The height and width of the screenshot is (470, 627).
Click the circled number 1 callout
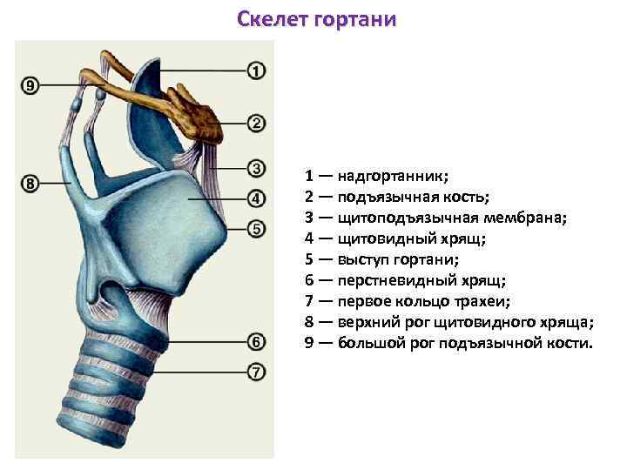pyautogui.click(x=256, y=70)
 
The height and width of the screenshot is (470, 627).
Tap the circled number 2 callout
pyautogui.click(x=256, y=123)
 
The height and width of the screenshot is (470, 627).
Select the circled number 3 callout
pyautogui.click(x=256, y=167)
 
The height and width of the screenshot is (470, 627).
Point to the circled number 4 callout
pyautogui.click(x=256, y=198)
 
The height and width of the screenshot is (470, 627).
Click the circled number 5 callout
pyautogui.click(x=256, y=229)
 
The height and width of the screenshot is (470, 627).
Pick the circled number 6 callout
pyautogui.click(x=256, y=341)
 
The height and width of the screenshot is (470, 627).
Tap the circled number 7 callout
pyautogui.click(x=256, y=373)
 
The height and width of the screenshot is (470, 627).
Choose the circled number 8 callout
pyautogui.click(x=30, y=184)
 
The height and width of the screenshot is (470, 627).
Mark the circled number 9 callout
pyautogui.click(x=30, y=85)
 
